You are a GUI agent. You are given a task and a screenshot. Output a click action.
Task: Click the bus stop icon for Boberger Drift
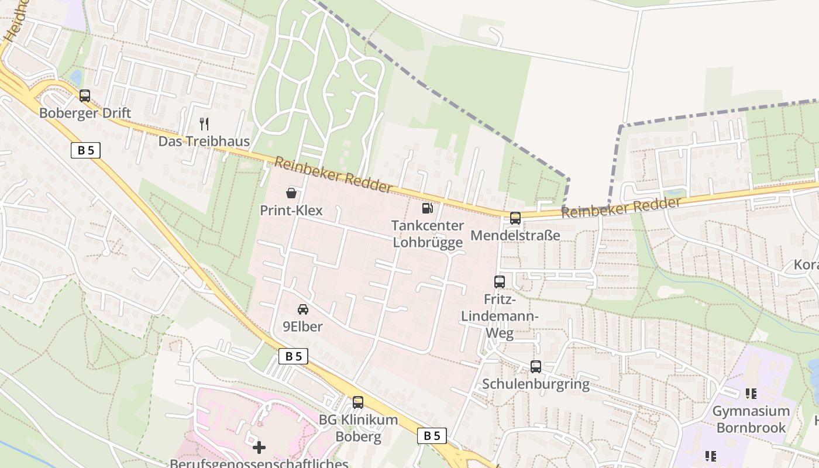(x=85, y=96)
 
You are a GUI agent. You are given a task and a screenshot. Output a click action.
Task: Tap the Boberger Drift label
(x=85, y=113)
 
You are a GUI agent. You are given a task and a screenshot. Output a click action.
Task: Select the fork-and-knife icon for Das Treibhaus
(x=204, y=123)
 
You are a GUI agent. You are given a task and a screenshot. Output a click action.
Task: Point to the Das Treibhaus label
(x=204, y=141)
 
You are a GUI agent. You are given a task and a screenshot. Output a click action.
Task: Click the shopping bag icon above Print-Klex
(x=291, y=192)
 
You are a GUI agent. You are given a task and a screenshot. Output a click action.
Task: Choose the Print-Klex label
(x=291, y=210)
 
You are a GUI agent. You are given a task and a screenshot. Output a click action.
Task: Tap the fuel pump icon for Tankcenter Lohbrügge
(x=428, y=208)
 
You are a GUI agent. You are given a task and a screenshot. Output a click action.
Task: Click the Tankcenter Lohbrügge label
(x=428, y=233)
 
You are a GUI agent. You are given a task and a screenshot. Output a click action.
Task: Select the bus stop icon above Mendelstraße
(x=515, y=218)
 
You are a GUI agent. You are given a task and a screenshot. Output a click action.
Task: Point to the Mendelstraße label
(x=515, y=235)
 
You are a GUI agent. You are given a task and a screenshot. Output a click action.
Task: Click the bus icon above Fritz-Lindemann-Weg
(x=499, y=282)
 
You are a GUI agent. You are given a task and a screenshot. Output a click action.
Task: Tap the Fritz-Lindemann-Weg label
(x=499, y=316)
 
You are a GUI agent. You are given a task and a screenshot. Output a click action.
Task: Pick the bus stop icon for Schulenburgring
(x=536, y=367)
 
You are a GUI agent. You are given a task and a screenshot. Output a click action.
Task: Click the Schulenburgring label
(x=536, y=384)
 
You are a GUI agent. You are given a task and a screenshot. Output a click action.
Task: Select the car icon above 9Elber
(x=303, y=309)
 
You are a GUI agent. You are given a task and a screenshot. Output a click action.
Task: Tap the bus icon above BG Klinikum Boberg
(x=358, y=402)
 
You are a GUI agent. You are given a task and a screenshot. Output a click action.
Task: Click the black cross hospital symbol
(x=259, y=448)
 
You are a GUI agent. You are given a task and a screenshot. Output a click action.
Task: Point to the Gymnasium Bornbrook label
(x=751, y=419)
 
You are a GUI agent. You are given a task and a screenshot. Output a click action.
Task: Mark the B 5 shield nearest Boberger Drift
(x=85, y=150)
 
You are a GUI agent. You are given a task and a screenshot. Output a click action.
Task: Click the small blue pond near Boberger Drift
(x=75, y=77)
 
